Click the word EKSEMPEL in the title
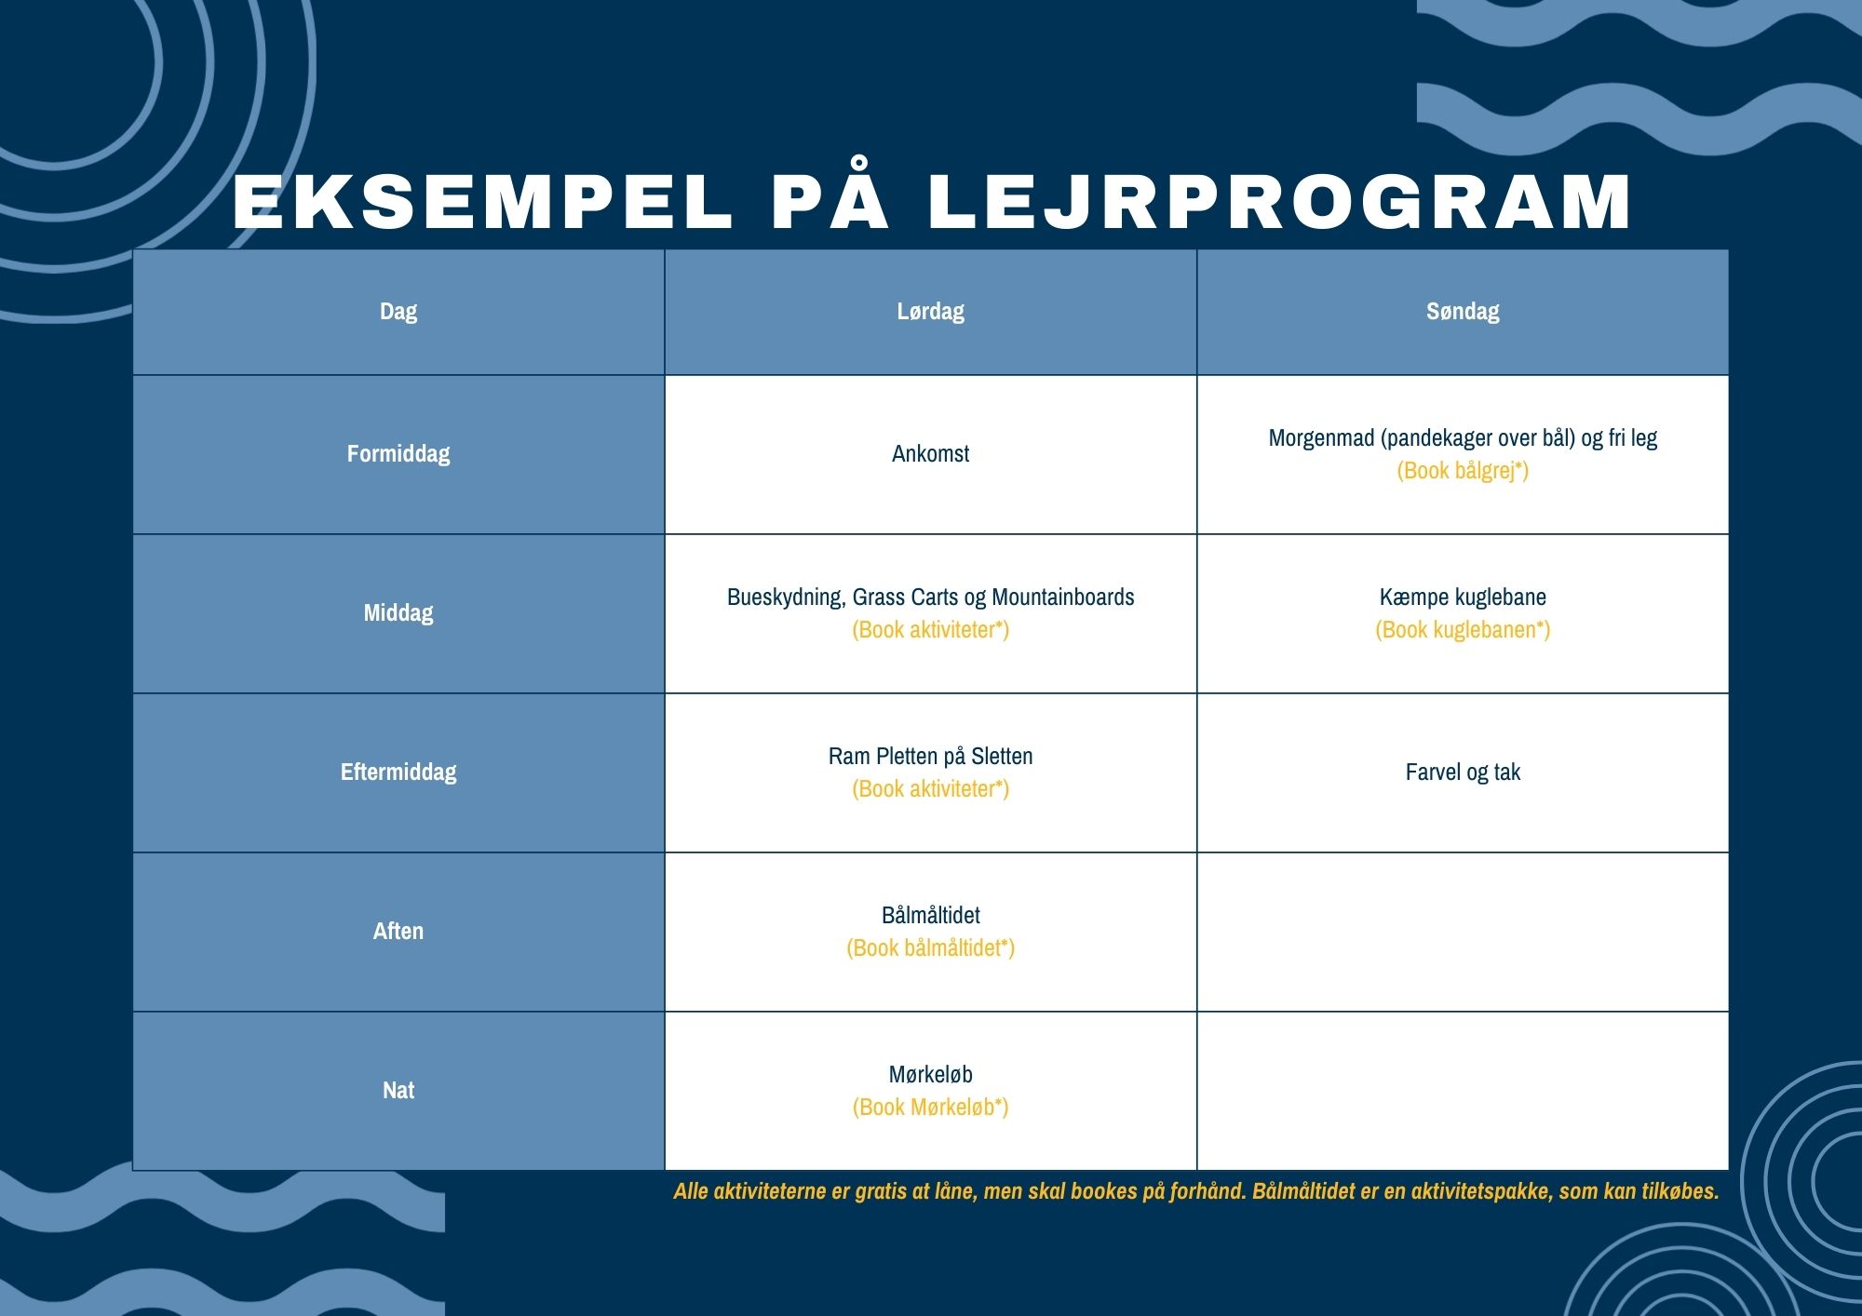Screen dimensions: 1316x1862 (x=482, y=202)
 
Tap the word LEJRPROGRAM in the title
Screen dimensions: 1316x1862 (x=1279, y=202)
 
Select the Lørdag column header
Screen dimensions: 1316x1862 (x=930, y=311)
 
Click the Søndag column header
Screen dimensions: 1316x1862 (x=1463, y=311)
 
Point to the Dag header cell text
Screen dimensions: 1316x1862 (x=398, y=311)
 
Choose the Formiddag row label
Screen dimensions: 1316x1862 (x=398, y=453)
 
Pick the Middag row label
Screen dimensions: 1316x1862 (x=398, y=612)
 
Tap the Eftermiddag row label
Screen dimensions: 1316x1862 (x=398, y=772)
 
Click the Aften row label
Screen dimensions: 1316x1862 (x=398, y=931)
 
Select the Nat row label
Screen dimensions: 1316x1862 (x=398, y=1090)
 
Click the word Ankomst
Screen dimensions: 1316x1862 (x=930, y=453)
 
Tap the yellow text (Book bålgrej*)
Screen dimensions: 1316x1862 (x=1463, y=470)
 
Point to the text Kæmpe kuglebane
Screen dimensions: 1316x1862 (x=1463, y=597)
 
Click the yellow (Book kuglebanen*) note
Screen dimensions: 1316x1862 (x=1463, y=629)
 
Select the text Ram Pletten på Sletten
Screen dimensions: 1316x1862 (x=930, y=756)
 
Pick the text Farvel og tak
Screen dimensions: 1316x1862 (x=1463, y=772)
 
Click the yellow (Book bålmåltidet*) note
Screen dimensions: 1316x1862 (x=930, y=947)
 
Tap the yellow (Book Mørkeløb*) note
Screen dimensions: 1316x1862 (x=930, y=1107)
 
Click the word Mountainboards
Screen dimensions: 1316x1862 (x=1063, y=597)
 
